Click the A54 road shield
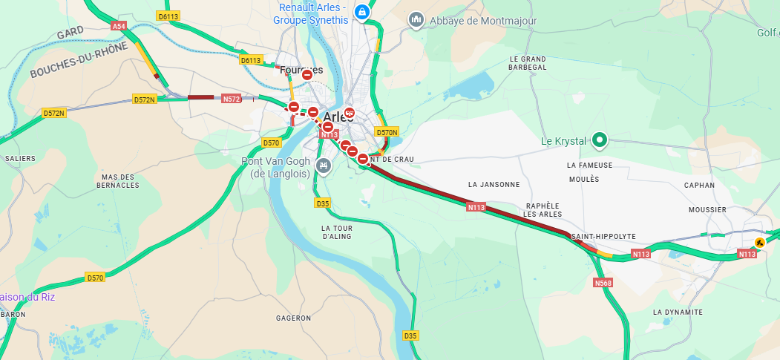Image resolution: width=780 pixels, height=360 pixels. pyautogui.click(x=119, y=26)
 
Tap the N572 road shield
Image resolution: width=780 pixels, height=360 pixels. pyautogui.click(x=231, y=98)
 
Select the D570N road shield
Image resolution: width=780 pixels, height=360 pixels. pyautogui.click(x=387, y=132)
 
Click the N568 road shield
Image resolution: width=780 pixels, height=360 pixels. pyautogui.click(x=603, y=283)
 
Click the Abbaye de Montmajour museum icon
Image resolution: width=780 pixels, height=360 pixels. pyautogui.click(x=416, y=20)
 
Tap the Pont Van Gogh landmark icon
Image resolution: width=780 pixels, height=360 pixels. pyautogui.click(x=322, y=165)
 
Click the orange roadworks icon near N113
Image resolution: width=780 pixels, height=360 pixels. pyautogui.click(x=759, y=243)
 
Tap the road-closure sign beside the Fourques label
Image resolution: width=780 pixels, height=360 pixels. pyautogui.click(x=307, y=75)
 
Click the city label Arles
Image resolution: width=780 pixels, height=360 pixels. pyautogui.click(x=339, y=117)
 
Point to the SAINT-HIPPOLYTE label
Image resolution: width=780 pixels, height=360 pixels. pyautogui.click(x=604, y=236)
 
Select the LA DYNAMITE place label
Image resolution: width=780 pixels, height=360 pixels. pyautogui.click(x=678, y=312)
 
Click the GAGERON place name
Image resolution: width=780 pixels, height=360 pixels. pyautogui.click(x=293, y=318)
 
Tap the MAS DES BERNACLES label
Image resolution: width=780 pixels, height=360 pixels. pyautogui.click(x=118, y=181)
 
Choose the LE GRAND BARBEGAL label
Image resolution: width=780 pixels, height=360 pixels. pyautogui.click(x=528, y=63)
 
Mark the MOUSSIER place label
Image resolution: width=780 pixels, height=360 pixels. pyautogui.click(x=707, y=210)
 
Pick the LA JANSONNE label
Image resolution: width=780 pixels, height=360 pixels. pyautogui.click(x=494, y=183)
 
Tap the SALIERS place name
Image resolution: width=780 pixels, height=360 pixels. pyautogui.click(x=20, y=158)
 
